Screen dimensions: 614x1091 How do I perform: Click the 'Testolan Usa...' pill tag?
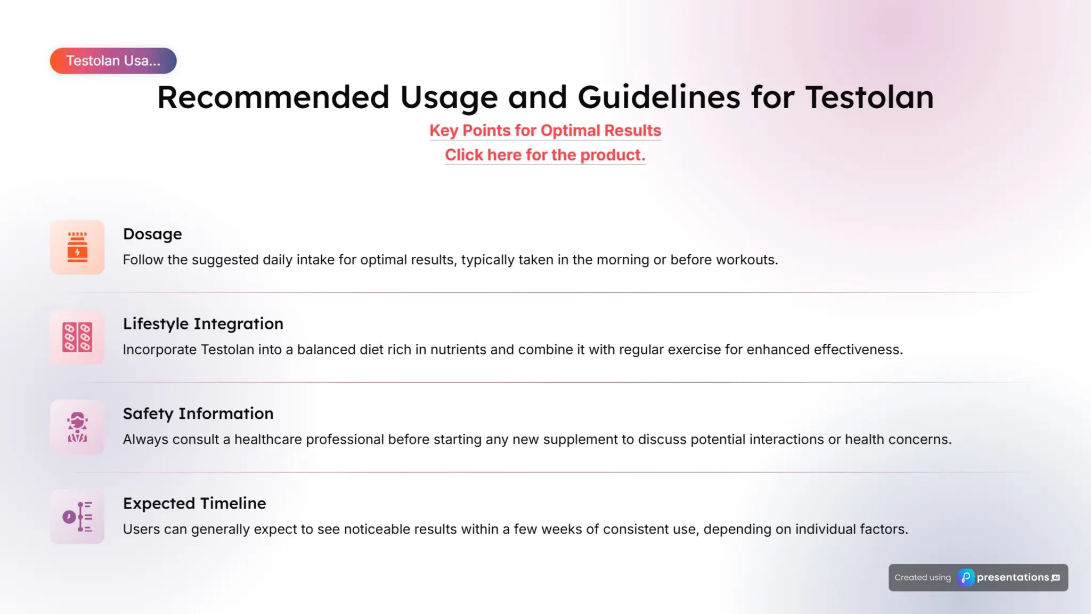(113, 61)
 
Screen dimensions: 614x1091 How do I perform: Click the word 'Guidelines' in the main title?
(658, 98)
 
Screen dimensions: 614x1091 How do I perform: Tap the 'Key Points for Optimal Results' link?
(545, 131)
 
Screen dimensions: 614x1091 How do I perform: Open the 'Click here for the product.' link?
(545, 155)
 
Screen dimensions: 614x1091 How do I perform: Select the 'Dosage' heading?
(152, 234)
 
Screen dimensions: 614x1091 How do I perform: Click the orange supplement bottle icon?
(77, 247)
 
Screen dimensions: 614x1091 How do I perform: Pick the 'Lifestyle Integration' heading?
(203, 324)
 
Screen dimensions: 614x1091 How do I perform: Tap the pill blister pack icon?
(77, 337)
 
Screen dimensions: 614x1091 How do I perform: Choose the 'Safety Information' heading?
(198, 414)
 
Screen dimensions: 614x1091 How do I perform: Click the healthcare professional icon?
(77, 427)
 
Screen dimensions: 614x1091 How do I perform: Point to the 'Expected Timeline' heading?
(194, 504)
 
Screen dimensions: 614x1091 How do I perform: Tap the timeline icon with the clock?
(77, 516)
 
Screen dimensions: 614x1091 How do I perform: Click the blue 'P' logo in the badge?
(966, 578)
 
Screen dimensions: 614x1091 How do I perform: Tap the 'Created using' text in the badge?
(923, 578)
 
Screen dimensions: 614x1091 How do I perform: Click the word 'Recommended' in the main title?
(273, 98)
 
